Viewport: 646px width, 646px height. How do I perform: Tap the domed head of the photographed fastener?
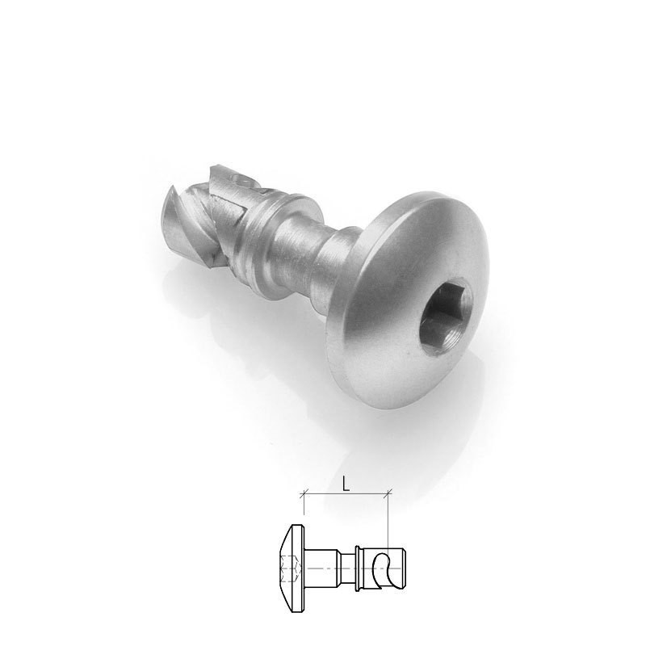[x=404, y=266]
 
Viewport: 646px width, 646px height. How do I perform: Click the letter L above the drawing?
[x=346, y=484]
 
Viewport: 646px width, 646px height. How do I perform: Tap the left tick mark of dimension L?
[x=304, y=492]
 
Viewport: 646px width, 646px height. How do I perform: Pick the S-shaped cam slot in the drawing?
[x=387, y=568]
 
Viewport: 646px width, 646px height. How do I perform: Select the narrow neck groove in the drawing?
[x=345, y=569]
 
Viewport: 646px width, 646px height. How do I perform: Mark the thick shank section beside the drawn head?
[x=323, y=569]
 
